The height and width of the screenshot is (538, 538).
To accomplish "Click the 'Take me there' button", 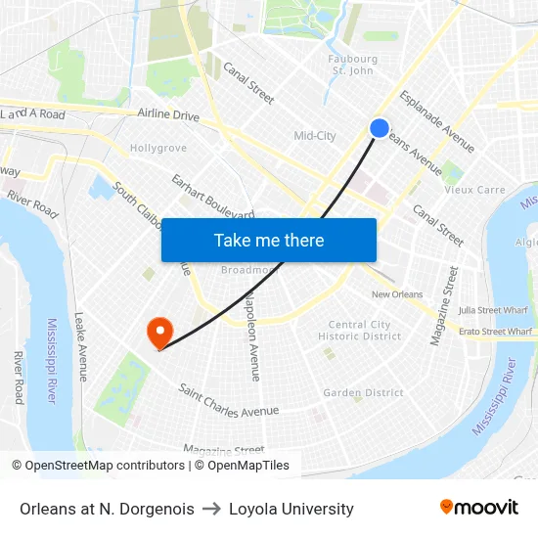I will pyautogui.click(x=269, y=240).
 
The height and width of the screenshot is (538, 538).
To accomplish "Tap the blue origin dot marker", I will pyautogui.click(x=380, y=128).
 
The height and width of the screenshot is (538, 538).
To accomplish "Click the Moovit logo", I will pyautogui.click(x=478, y=508).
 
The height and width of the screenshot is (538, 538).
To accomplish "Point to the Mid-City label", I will pyautogui.click(x=315, y=136).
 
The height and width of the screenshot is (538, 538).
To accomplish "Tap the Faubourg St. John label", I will pyautogui.click(x=352, y=65).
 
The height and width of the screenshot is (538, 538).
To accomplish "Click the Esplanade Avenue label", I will pyautogui.click(x=437, y=122).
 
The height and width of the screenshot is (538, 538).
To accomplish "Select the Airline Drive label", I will pyautogui.click(x=168, y=115).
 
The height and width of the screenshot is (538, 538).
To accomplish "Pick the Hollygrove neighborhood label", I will pyautogui.click(x=158, y=149).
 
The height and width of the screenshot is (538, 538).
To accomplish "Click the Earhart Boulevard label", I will pyautogui.click(x=212, y=198).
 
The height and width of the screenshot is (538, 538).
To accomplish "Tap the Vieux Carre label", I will pyautogui.click(x=474, y=190).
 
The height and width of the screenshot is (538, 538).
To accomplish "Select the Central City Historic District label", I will pyautogui.click(x=360, y=331).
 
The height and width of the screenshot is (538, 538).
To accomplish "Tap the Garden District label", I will pyautogui.click(x=363, y=393).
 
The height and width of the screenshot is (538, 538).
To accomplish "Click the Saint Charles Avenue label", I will pyautogui.click(x=228, y=400).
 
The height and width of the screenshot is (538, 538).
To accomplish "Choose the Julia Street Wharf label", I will pyautogui.click(x=494, y=310).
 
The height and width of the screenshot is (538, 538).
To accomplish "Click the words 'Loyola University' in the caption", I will pyautogui.click(x=291, y=509).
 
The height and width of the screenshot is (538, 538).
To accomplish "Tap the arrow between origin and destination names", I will pyautogui.click(x=212, y=509).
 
